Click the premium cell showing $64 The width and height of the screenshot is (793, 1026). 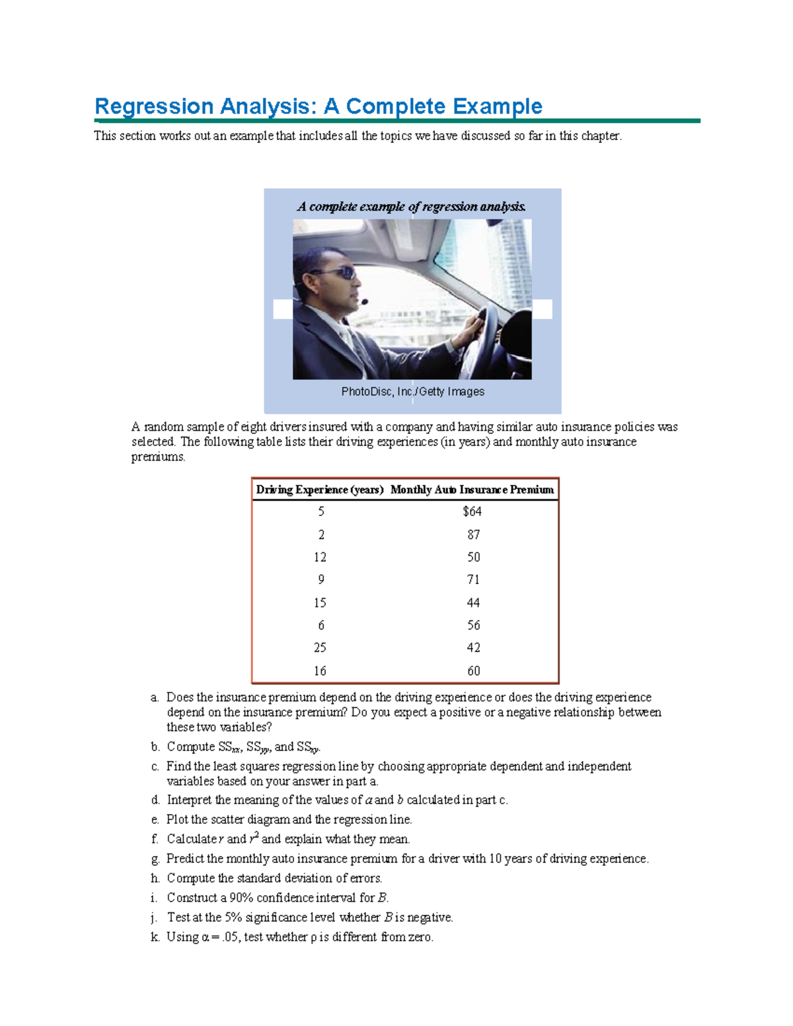[x=472, y=511]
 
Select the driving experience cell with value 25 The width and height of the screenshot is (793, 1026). [x=320, y=647]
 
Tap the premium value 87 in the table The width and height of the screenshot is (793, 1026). [x=473, y=534]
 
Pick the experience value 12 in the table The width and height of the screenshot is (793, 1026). [x=320, y=557]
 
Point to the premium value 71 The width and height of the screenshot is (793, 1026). [x=473, y=579]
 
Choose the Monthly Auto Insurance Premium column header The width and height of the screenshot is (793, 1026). [x=472, y=490]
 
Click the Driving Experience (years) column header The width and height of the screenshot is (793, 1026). [x=320, y=490]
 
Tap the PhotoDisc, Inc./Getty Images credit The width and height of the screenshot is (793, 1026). [x=412, y=392]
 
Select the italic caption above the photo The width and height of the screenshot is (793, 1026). [x=412, y=207]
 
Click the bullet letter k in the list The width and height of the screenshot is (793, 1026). [x=155, y=937]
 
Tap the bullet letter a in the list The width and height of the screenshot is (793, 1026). [x=155, y=698]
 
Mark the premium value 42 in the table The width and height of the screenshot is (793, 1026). [x=473, y=647]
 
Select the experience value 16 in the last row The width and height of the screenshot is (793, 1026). [x=320, y=671]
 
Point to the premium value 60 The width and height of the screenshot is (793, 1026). [x=473, y=671]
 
